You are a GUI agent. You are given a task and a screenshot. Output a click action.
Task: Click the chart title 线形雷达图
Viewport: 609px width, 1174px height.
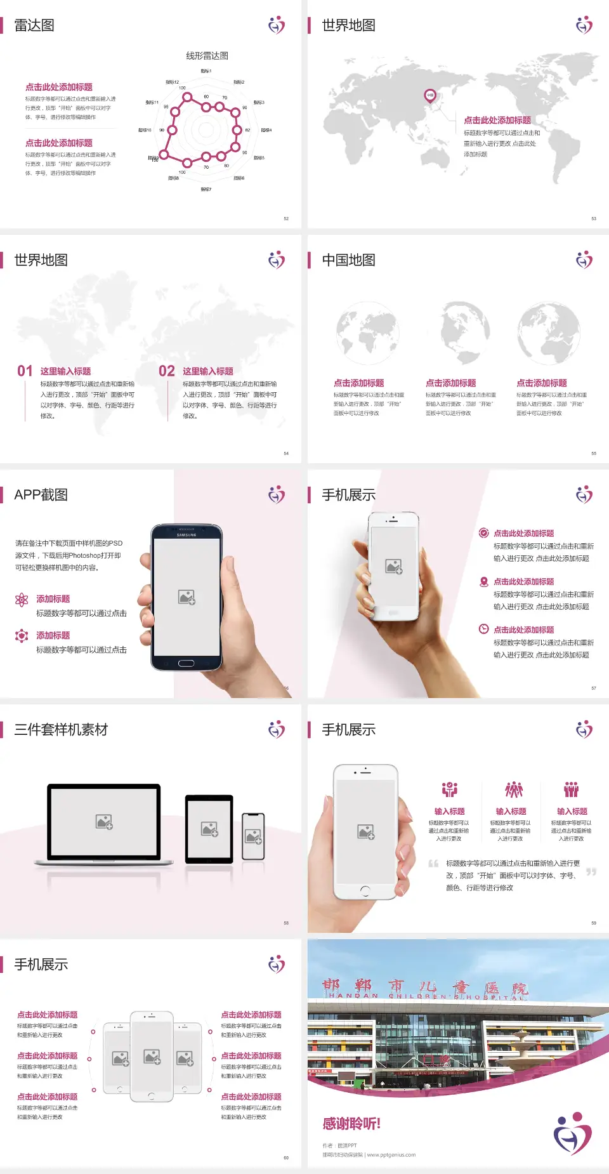coord(207,56)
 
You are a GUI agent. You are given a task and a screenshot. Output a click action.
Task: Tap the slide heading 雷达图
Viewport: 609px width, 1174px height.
coord(34,25)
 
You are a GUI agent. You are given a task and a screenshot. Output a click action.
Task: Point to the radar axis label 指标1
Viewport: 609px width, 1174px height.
coord(206,71)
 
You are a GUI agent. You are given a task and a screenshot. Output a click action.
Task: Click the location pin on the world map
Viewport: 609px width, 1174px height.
coord(430,96)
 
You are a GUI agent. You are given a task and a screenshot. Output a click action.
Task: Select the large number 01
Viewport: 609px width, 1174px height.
coord(25,371)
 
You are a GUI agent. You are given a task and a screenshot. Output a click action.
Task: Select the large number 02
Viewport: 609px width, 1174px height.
coord(167,371)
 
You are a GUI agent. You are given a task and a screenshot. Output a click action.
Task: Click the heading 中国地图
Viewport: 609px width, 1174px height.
coord(348,260)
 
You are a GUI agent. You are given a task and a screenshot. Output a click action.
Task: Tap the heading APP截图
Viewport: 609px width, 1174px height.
coord(41,495)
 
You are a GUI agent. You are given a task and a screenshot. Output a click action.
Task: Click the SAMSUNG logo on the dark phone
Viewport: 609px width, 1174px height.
coord(187,535)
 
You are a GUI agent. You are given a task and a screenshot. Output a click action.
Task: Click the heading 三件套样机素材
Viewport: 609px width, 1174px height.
coord(61,730)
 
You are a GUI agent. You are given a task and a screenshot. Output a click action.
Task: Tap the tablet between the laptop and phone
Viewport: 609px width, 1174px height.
coord(209,828)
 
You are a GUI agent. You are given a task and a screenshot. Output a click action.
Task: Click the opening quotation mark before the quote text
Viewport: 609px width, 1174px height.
coord(433,863)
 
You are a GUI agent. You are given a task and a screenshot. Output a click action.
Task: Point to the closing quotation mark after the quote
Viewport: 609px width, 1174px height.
coord(591,872)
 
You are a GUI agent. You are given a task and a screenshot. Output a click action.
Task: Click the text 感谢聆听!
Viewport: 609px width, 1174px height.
coord(351,1124)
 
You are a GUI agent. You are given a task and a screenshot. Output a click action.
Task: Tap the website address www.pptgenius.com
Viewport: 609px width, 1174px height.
coord(391,1155)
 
